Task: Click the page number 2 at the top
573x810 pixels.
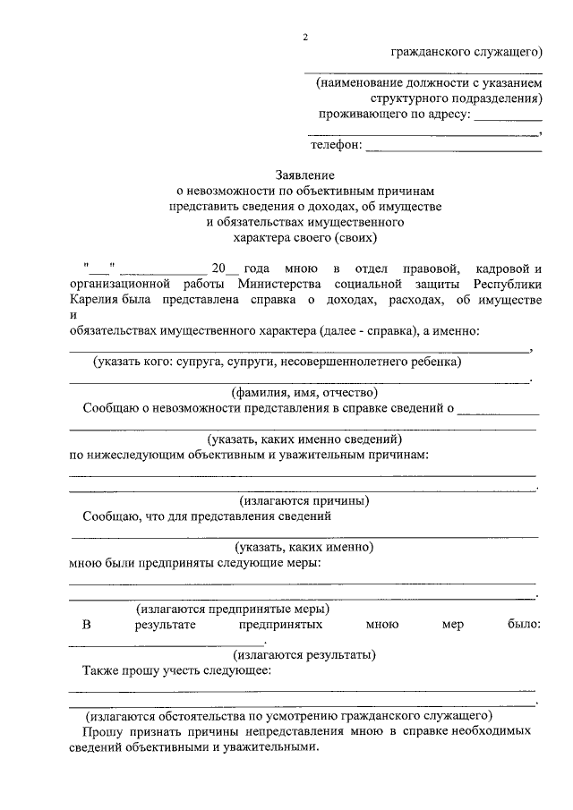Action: [x=304, y=37]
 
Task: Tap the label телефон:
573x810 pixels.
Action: [x=336, y=145]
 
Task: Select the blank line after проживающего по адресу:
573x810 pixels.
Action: [x=508, y=117]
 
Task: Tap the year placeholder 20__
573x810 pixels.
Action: [x=221, y=268]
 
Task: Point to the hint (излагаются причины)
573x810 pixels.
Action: [x=304, y=500]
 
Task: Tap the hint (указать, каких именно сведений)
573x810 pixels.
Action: [x=304, y=439]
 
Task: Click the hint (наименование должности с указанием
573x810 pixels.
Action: [x=428, y=82]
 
